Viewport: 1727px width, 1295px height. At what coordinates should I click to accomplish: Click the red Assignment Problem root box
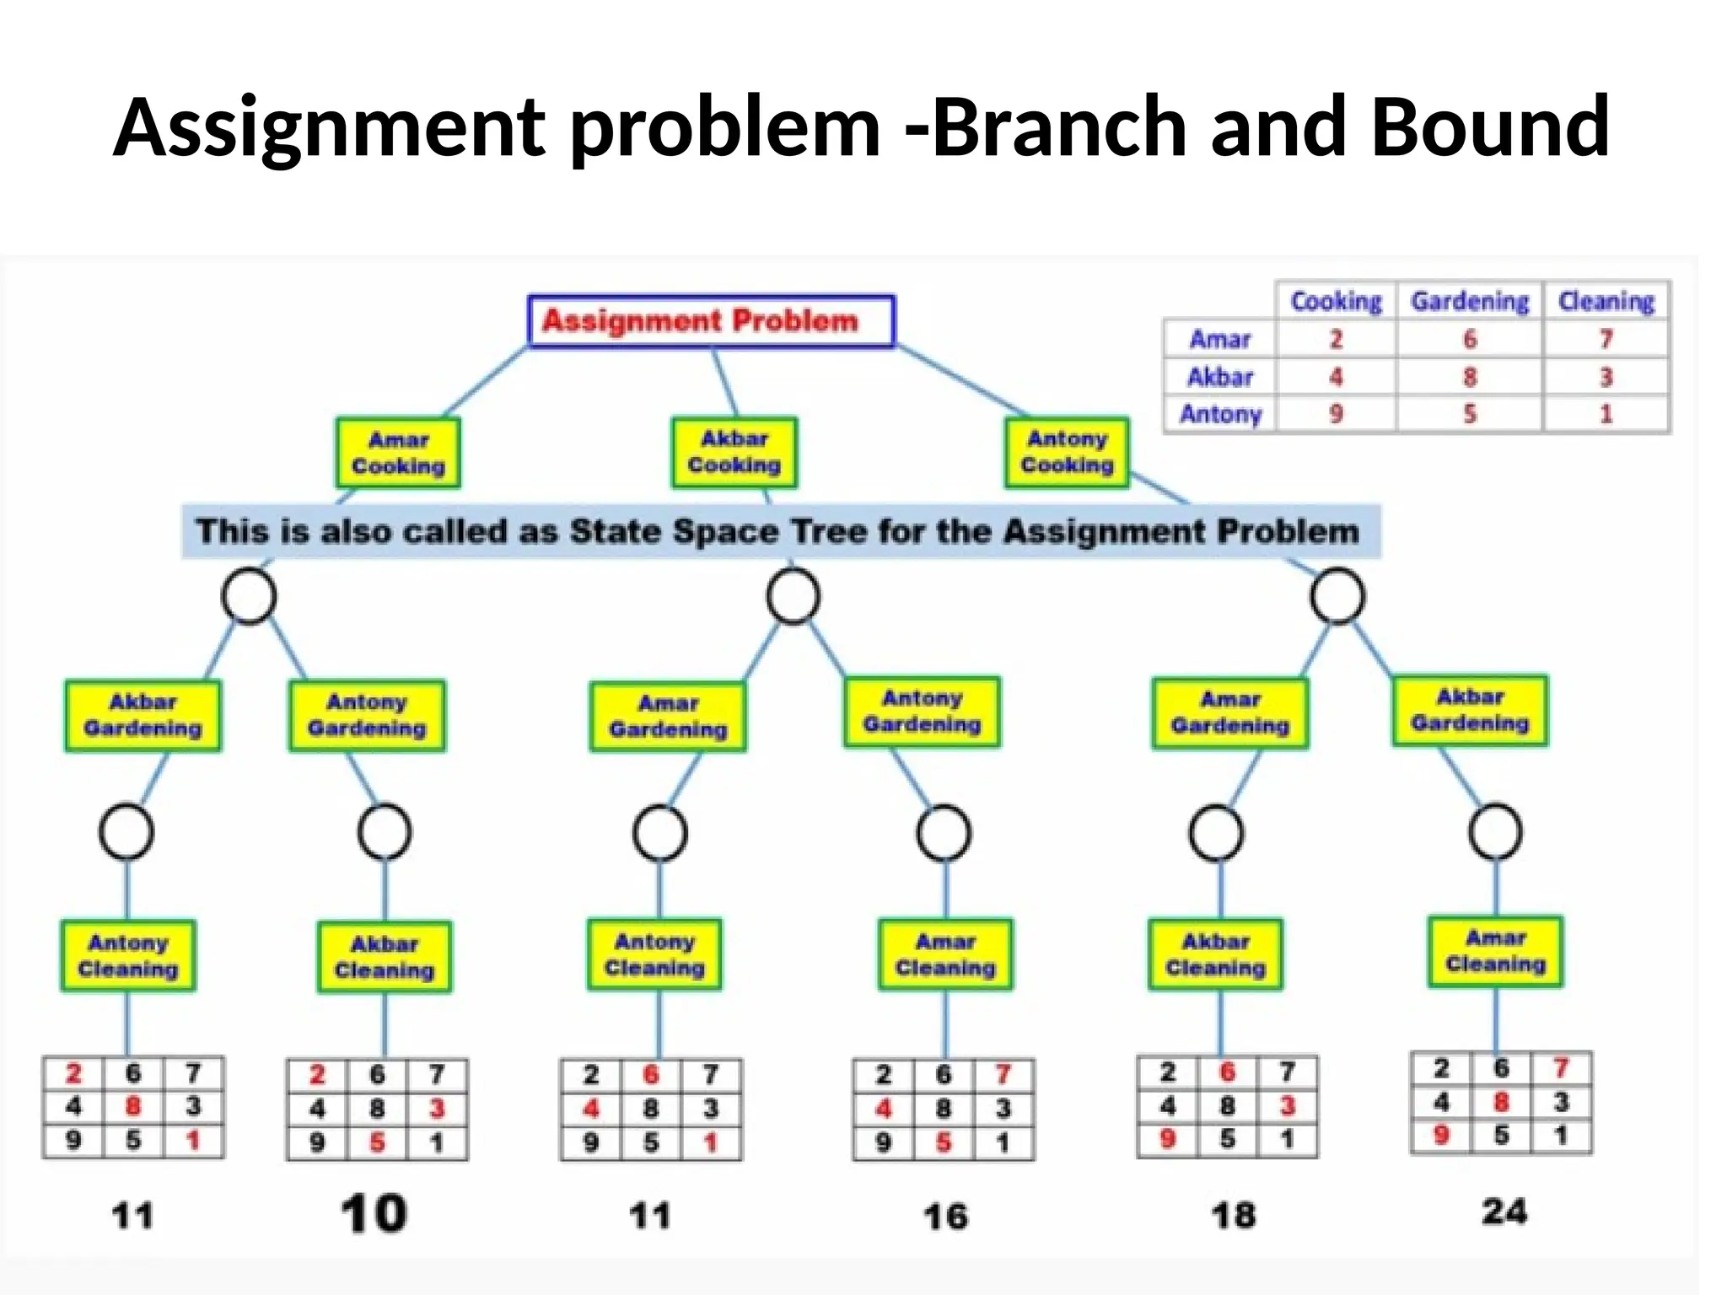pyautogui.click(x=710, y=320)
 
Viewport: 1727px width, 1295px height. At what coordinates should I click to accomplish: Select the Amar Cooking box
pyautogui.click(x=398, y=453)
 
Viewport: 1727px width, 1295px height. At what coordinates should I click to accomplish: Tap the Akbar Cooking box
pyautogui.click(x=734, y=452)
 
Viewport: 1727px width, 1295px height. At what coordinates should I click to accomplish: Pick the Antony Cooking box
pyautogui.click(x=1067, y=452)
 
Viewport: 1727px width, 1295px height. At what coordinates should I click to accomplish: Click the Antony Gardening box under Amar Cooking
pyautogui.click(x=367, y=715)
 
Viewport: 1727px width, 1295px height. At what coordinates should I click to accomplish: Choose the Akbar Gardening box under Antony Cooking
pyautogui.click(x=1470, y=710)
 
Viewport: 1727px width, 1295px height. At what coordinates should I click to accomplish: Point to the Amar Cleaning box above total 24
pyautogui.click(x=1495, y=951)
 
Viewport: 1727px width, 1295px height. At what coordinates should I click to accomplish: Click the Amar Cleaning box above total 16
pyautogui.click(x=945, y=954)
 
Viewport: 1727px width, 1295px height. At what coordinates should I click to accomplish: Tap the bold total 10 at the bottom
pyautogui.click(x=374, y=1214)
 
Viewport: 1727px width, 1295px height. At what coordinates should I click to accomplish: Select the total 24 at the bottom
pyautogui.click(x=1504, y=1212)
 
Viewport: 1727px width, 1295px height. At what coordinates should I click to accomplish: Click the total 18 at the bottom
pyautogui.click(x=1233, y=1215)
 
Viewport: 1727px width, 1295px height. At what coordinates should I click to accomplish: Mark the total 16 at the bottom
pyautogui.click(x=945, y=1216)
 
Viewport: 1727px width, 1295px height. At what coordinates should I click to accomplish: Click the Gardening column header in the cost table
pyautogui.click(x=1470, y=301)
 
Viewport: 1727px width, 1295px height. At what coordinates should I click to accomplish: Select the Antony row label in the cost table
pyautogui.click(x=1220, y=414)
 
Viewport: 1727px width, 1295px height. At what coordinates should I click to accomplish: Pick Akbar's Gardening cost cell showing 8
pyautogui.click(x=1470, y=377)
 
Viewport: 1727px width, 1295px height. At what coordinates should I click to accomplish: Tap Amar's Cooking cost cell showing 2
pyautogui.click(x=1336, y=339)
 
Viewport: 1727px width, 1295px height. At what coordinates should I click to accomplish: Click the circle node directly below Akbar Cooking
pyautogui.click(x=793, y=596)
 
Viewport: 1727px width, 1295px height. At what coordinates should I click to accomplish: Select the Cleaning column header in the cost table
pyautogui.click(x=1606, y=301)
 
